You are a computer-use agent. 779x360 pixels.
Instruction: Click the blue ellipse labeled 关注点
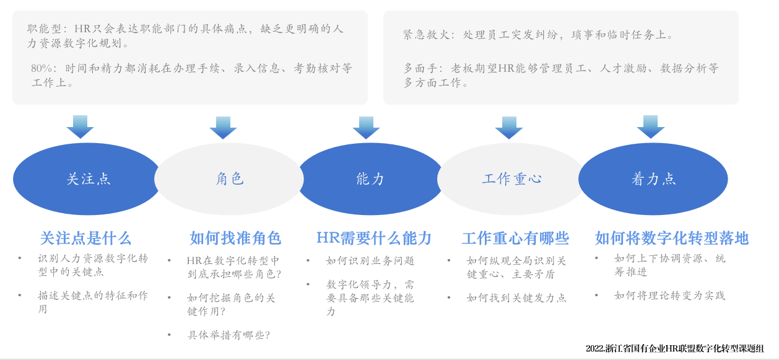[86, 179]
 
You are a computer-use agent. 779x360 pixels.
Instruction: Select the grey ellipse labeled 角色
[229, 179]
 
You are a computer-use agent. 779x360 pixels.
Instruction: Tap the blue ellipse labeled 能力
[370, 179]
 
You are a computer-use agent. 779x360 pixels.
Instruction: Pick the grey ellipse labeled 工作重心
[511, 179]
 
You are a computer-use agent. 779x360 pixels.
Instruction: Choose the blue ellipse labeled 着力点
[653, 179]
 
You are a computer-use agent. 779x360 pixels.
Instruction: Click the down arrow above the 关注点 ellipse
[81, 127]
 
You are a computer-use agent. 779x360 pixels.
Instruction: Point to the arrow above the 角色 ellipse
[224, 128]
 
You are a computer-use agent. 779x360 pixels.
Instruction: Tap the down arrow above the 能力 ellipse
[366, 128]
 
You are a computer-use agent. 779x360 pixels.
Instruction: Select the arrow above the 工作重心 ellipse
[509, 128]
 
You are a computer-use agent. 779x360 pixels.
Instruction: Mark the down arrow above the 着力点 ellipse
[651, 127]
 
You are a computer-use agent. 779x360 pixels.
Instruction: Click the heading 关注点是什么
[85, 239]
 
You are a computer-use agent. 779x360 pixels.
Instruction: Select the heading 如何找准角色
[235, 239]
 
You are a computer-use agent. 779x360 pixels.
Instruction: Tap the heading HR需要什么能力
[374, 239]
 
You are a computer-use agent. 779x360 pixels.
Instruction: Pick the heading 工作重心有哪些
[515, 239]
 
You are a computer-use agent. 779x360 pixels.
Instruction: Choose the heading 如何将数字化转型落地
[671, 239]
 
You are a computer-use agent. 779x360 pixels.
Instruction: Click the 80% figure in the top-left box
[41, 68]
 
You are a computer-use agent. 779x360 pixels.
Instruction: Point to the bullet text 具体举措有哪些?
[228, 335]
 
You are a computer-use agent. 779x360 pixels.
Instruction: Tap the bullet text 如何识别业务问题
[370, 260]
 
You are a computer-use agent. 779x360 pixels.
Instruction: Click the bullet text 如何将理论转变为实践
[669, 296]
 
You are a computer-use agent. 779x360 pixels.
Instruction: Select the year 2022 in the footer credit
[594, 348]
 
